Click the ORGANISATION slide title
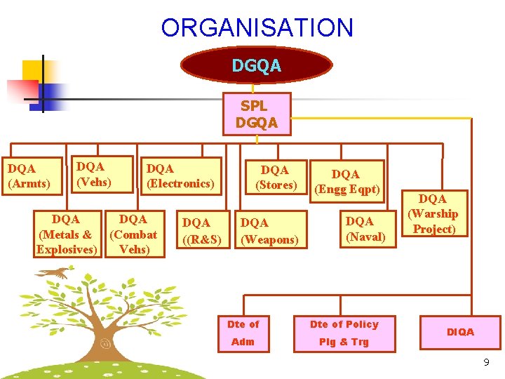tap(257, 28)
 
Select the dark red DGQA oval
tap(256, 65)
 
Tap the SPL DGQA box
tap(256, 114)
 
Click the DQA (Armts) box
tap(29, 176)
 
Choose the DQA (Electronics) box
tap(181, 176)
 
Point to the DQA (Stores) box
tap(275, 178)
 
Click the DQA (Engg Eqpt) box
tap(346, 182)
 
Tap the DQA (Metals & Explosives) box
tap(67, 234)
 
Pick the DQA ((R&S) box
tap(202, 231)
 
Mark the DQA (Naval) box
tap(365, 229)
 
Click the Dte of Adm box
tap(243, 333)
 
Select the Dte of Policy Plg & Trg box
tap(344, 333)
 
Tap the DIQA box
tap(460, 332)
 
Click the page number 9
tap(486, 363)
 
